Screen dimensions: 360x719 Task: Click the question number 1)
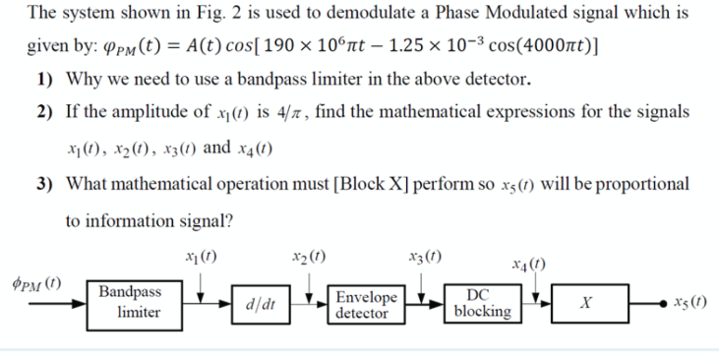coord(45,79)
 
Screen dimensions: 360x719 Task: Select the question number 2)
coord(45,114)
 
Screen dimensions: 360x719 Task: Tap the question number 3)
coord(45,186)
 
